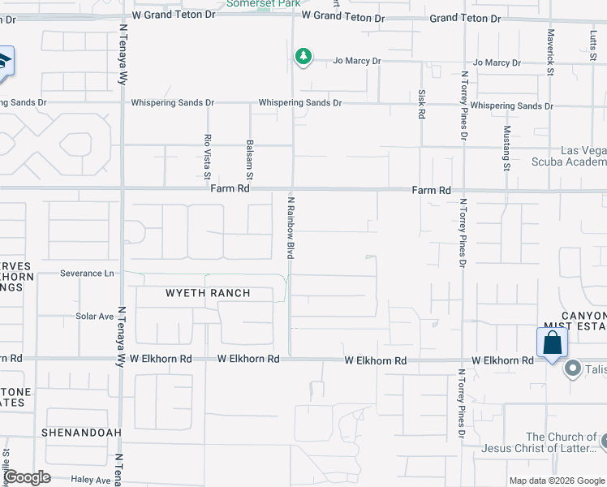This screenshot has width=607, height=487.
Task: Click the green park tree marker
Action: [x=303, y=57]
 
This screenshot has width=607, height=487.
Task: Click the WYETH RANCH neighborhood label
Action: [x=208, y=293]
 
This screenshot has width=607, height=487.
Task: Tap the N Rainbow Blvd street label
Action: [x=290, y=226]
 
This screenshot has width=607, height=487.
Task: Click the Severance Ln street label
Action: [x=87, y=274]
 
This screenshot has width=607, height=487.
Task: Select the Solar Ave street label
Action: [x=95, y=317]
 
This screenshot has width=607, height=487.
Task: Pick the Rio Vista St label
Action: [x=208, y=157]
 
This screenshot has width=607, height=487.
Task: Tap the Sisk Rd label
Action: [x=422, y=105]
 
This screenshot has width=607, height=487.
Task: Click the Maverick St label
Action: [x=550, y=54]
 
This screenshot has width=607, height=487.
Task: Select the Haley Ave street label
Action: [x=91, y=481]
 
